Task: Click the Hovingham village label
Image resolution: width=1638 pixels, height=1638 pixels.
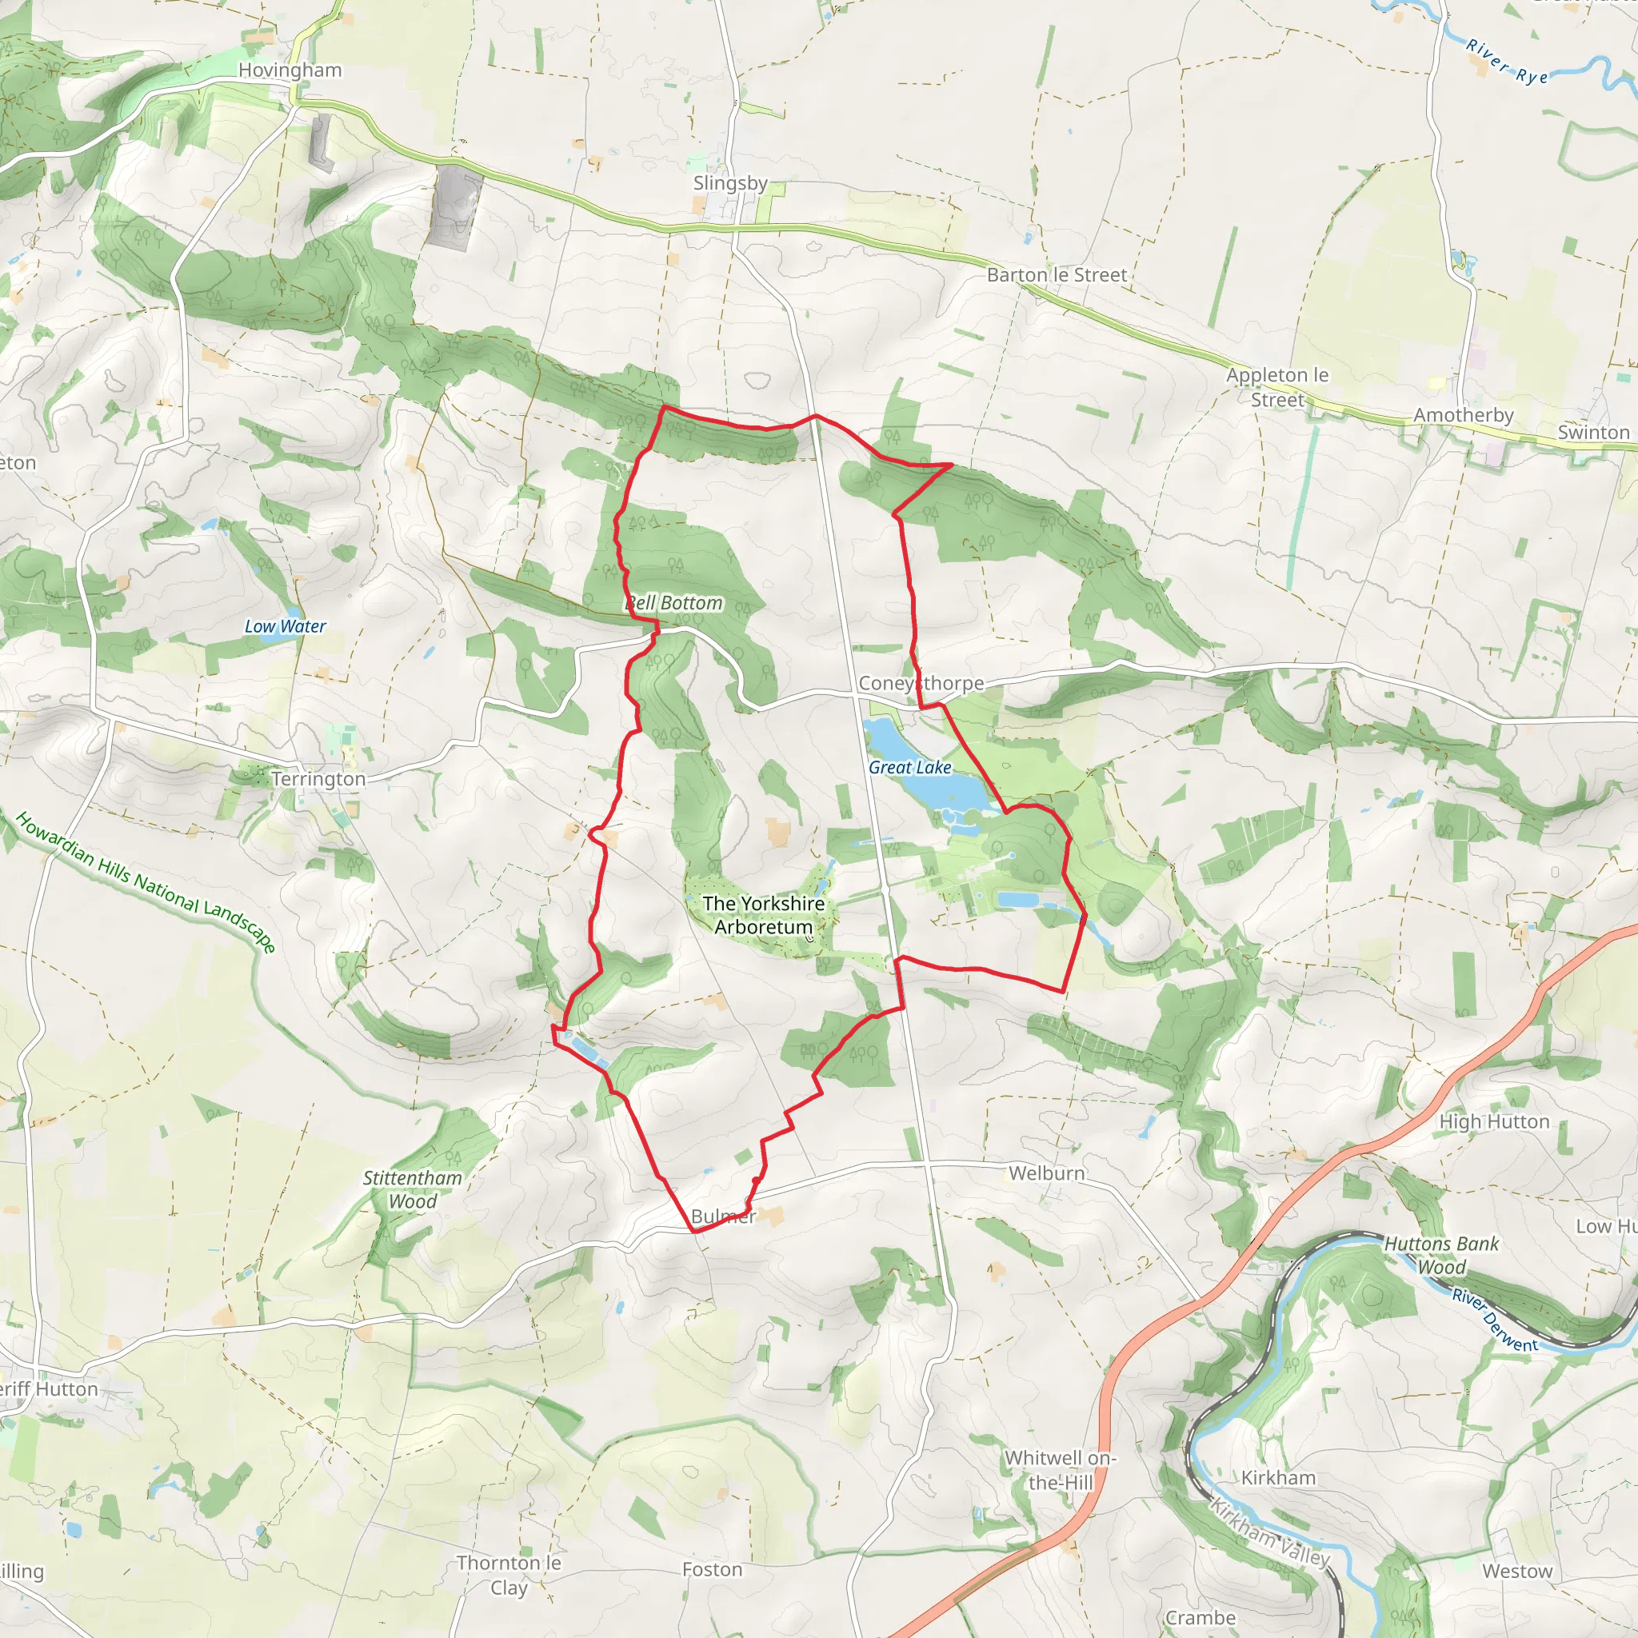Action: pos(290,70)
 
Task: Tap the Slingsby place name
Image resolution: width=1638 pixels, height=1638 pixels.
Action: pos(730,183)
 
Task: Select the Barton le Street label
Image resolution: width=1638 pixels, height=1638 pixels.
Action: pos(1057,274)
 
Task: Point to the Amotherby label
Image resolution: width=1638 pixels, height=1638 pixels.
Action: pos(1464,415)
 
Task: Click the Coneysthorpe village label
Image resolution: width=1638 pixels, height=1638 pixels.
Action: pos(921,683)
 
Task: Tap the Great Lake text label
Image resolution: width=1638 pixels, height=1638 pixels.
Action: pos(909,767)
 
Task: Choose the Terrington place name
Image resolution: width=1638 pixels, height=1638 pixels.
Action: pos(319,779)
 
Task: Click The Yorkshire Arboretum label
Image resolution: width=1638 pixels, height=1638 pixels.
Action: pos(763,916)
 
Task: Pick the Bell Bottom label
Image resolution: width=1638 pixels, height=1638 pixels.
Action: pos(675,603)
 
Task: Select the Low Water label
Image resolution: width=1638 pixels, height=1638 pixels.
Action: pos(285,626)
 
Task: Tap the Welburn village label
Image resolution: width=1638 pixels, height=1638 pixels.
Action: pos(1046,1173)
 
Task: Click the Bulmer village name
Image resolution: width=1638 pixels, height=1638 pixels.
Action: pos(723,1217)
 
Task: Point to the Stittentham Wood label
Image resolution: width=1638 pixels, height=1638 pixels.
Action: pos(412,1189)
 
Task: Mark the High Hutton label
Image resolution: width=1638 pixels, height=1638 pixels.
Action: pos(1494,1121)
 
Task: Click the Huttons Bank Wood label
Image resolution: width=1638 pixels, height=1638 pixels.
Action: pos(1441,1256)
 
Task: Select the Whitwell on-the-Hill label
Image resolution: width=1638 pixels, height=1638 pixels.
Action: pos(1060,1470)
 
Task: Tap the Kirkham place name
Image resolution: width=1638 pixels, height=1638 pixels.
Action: pos(1279,1478)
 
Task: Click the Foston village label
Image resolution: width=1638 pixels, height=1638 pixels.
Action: pos(712,1570)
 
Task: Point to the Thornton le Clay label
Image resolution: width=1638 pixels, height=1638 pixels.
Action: pos(509,1576)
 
